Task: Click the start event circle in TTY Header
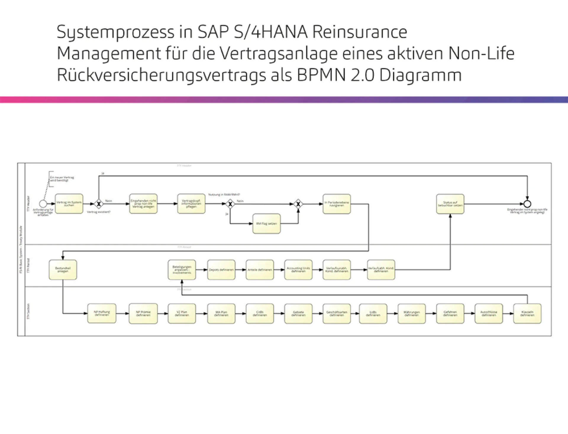43,204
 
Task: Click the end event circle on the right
527,204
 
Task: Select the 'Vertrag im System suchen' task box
69,204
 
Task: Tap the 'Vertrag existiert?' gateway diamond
99,204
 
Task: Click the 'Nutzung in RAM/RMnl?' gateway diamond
230,204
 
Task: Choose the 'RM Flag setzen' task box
267,224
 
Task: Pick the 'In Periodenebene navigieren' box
337,204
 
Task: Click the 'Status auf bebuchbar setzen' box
450,204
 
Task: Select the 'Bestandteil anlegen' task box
63,270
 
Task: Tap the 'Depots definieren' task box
221,270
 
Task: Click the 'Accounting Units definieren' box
298,270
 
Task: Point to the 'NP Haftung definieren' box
102,313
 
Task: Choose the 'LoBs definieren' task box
373,313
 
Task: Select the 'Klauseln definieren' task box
527,313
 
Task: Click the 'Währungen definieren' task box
412,313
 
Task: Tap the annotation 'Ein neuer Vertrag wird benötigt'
62,179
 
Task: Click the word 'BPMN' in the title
321,75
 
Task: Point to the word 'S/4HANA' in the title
270,32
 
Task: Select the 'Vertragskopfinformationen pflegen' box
191,204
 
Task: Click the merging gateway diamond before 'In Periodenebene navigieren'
298,204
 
